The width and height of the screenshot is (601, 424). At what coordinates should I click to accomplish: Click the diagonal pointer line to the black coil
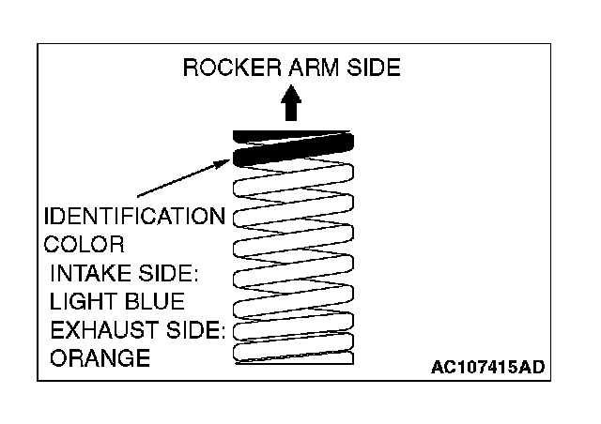[178, 179]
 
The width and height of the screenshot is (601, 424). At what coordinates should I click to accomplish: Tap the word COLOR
[84, 246]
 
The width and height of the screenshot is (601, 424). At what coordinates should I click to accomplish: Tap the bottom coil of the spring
[292, 356]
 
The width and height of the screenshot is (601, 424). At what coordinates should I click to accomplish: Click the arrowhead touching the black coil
[223, 161]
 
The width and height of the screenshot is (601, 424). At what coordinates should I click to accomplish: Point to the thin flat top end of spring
[292, 132]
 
